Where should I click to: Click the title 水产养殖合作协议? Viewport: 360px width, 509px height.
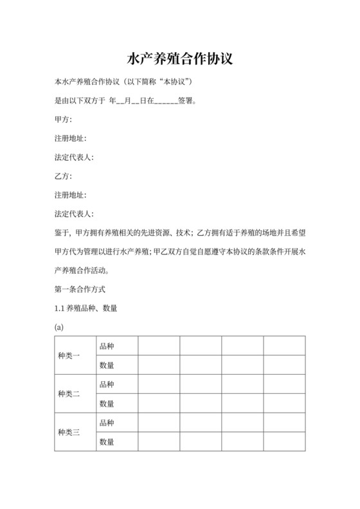pyautogui.click(x=180, y=59)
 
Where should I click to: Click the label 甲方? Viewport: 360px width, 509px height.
pyautogui.click(x=63, y=120)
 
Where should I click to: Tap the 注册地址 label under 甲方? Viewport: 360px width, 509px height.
pyautogui.click(x=70, y=138)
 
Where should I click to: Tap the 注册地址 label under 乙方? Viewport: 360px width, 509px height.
pyautogui.click(x=70, y=195)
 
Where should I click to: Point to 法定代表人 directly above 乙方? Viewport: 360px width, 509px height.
pyautogui.click(x=74, y=157)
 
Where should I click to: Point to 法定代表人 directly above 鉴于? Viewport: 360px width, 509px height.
pyautogui.click(x=74, y=213)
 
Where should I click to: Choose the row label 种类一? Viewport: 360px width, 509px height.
pyautogui.click(x=69, y=356)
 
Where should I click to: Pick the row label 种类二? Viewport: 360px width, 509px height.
pyautogui.click(x=69, y=394)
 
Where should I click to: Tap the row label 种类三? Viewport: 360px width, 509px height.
pyautogui.click(x=69, y=432)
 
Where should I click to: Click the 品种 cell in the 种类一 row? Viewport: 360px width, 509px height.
pyautogui.click(x=107, y=346)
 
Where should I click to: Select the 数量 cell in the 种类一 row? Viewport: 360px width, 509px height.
pyautogui.click(x=107, y=366)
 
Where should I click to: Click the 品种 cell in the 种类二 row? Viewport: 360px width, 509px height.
pyautogui.click(x=107, y=384)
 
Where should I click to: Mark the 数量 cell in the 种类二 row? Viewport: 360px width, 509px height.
pyautogui.click(x=107, y=404)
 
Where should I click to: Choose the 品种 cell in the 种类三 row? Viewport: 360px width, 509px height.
pyautogui.click(x=107, y=422)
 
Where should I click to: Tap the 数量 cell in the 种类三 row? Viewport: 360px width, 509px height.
pyautogui.click(x=107, y=442)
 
